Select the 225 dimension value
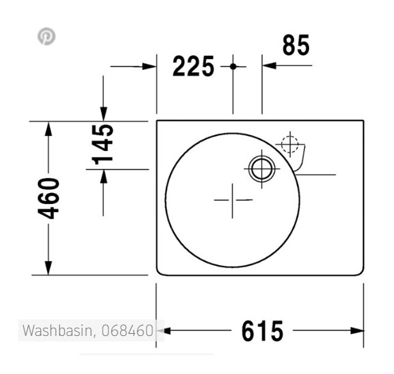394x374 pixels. [x=193, y=67]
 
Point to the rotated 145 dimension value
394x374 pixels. [x=103, y=144]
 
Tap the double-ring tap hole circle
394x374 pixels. [x=262, y=167]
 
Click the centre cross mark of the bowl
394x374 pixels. [x=232, y=200]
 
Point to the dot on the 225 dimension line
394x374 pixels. [x=233, y=66]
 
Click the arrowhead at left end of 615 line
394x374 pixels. [x=166, y=330]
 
